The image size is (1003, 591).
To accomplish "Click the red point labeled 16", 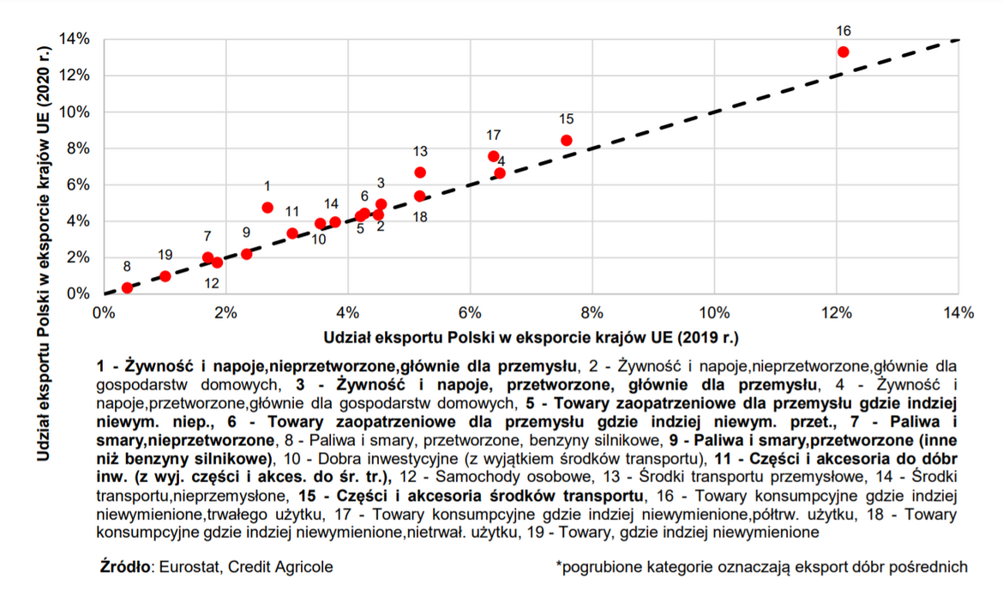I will click(843, 52).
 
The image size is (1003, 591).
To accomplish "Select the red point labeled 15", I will click(566, 140).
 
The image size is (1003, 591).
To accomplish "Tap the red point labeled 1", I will click(267, 208).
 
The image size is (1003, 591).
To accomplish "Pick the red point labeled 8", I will click(127, 288).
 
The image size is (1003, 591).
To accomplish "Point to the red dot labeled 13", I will click(420, 172).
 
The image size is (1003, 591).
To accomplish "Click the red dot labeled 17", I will click(493, 156).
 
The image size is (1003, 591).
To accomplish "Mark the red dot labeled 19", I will click(165, 276).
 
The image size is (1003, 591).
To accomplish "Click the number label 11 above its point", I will click(292, 211).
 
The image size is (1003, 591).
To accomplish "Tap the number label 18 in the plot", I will click(420, 217).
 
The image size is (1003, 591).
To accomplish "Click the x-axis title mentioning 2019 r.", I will click(532, 336).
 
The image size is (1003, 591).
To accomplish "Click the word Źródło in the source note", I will click(125, 567).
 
